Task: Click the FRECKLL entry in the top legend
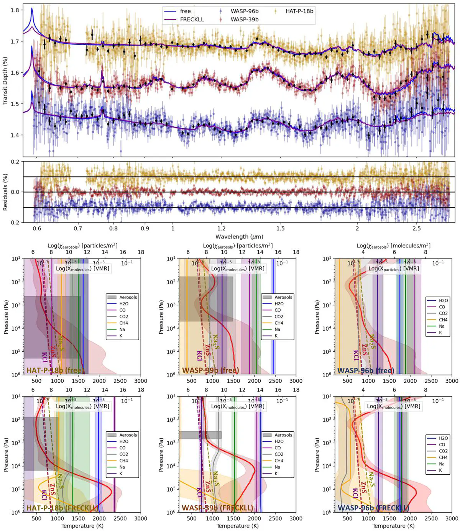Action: [192, 19]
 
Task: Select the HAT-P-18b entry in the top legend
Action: [299, 11]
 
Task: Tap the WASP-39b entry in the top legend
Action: [244, 19]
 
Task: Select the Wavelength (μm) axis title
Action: [239, 237]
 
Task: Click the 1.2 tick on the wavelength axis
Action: [221, 228]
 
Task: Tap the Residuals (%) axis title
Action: [5, 192]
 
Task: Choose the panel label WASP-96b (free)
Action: [365, 370]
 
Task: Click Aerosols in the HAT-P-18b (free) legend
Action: [128, 297]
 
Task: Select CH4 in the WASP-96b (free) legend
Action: [443, 320]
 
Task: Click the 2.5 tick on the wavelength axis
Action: [416, 228]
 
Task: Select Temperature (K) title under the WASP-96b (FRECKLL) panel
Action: [393, 526]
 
